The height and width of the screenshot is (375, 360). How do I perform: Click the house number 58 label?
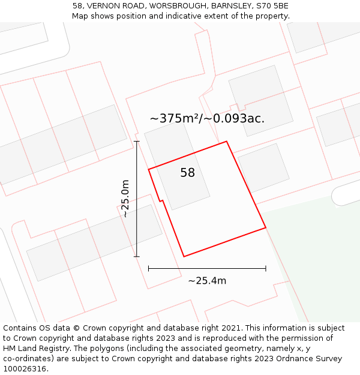point(188,173)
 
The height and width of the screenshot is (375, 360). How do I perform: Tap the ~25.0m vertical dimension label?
point(124,199)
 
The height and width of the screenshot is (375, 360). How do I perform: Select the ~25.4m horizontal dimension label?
point(207,280)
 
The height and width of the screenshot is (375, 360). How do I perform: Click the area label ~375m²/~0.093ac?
point(207,118)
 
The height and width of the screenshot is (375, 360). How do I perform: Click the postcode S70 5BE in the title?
point(272,6)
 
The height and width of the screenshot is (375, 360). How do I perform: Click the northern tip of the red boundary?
point(226,142)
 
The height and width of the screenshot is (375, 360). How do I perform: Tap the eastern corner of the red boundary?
point(266,228)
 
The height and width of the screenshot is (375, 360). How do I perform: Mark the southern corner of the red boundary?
point(184,257)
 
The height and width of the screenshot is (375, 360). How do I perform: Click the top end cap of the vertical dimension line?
point(137,142)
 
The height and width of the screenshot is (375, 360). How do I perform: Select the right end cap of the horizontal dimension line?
point(266,268)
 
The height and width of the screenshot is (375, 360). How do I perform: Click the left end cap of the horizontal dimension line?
point(149,268)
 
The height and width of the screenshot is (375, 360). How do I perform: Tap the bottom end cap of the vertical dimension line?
point(137,257)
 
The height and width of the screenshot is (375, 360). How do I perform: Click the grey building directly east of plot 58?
point(263,169)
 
